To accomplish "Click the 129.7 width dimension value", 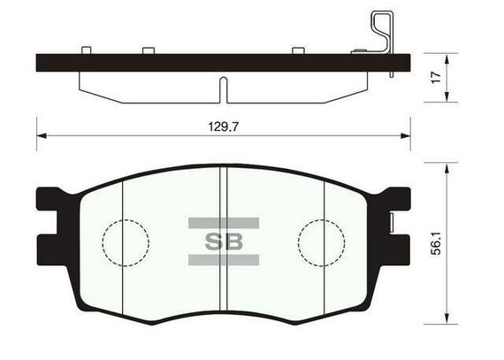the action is [x=224, y=126].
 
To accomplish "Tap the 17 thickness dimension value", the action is [x=436, y=78].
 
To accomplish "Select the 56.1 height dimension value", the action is [x=436, y=243].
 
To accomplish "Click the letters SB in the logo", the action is [x=224, y=241].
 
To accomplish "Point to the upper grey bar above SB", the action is [x=224, y=223].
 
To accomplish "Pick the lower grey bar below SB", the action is [x=224, y=260].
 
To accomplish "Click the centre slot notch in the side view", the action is [x=224, y=90].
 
